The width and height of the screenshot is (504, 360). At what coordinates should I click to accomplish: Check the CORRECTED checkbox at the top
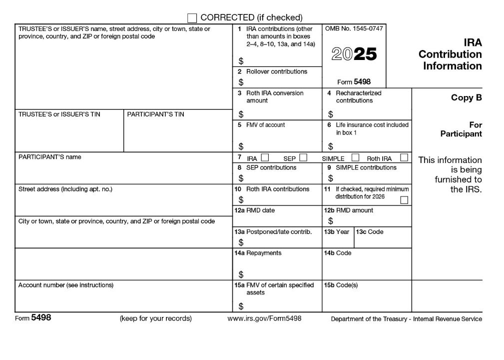pos(192,18)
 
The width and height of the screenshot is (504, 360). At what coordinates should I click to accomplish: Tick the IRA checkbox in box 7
pos(265,158)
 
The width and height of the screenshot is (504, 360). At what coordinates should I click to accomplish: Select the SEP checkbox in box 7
pos(303,158)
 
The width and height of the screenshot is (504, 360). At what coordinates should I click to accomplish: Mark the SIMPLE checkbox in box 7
pos(356,158)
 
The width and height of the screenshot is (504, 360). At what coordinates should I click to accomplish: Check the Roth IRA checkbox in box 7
pos(404,158)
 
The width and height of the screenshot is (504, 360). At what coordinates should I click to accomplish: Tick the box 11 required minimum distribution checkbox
pos(404,200)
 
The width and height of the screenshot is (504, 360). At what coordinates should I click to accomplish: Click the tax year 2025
pos(354,54)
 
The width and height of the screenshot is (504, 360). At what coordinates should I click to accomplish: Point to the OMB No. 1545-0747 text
pos(354,29)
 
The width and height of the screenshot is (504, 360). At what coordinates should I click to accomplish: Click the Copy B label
pos(466,98)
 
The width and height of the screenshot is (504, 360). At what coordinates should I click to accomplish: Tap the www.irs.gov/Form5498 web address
pos(264,318)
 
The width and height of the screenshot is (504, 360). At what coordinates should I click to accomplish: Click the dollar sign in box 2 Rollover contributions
pos(241,82)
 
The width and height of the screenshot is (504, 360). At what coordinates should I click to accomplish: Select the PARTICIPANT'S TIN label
pos(155,114)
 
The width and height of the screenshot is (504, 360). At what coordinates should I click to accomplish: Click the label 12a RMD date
pos(255,210)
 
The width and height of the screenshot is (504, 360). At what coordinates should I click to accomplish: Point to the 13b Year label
pos(337,232)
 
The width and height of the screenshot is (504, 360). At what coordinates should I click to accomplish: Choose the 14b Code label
pos(338,253)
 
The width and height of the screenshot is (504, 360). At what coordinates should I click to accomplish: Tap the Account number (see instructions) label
pos(66,285)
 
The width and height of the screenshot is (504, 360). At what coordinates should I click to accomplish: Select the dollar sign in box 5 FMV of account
pos(241,146)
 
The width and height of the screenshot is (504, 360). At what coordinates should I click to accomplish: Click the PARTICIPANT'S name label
pos(49,157)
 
